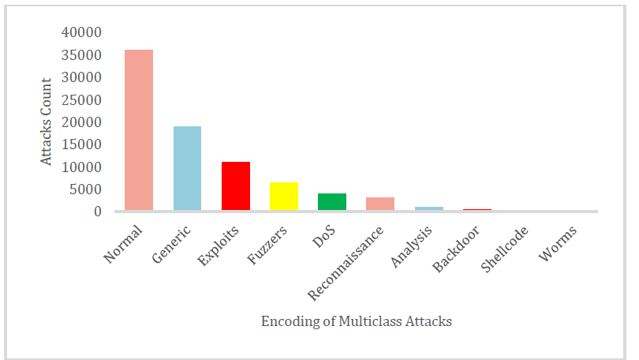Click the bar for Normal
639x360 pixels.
(139, 130)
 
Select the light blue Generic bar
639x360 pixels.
(187, 168)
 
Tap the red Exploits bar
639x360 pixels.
(236, 186)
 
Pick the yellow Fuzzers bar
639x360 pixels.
(284, 197)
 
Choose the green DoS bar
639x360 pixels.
(332, 201)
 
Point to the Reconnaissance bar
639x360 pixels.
(380, 204)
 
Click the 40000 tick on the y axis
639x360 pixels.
(81, 33)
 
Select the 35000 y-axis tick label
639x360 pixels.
(81, 56)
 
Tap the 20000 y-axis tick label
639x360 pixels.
(81, 122)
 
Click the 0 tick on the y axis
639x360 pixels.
(98, 212)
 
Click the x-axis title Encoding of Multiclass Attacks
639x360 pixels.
(356, 321)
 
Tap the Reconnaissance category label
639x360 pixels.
(346, 263)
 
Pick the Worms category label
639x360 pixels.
(559, 243)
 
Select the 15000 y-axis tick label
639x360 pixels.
(81, 145)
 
